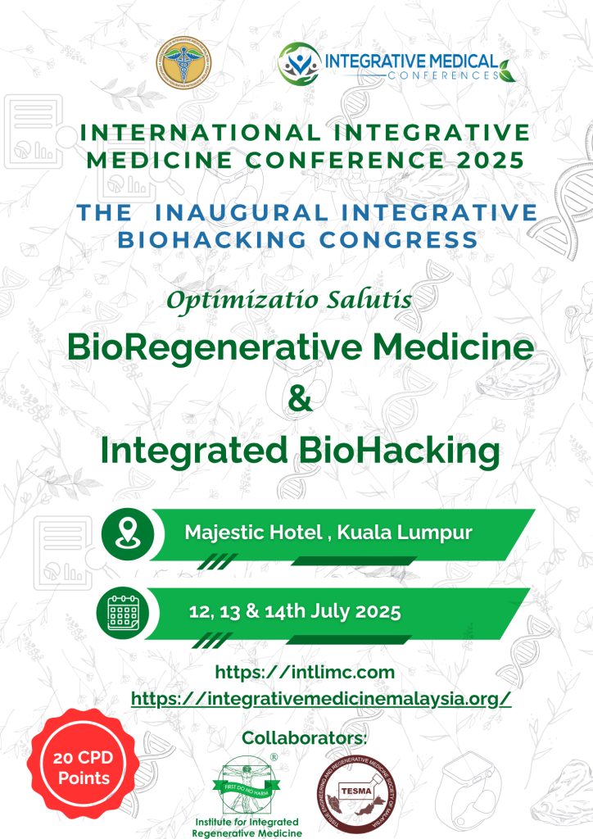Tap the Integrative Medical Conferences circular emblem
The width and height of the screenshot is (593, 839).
300,64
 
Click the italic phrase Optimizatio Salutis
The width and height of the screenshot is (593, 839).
288,300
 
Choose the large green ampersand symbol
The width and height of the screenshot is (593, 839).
296,399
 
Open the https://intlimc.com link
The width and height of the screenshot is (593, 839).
305,673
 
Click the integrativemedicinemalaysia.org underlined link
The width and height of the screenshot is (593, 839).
321,698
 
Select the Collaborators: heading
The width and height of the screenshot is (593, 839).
305,738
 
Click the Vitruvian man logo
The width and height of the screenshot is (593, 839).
248,785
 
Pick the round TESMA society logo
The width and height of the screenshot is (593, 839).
354,791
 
